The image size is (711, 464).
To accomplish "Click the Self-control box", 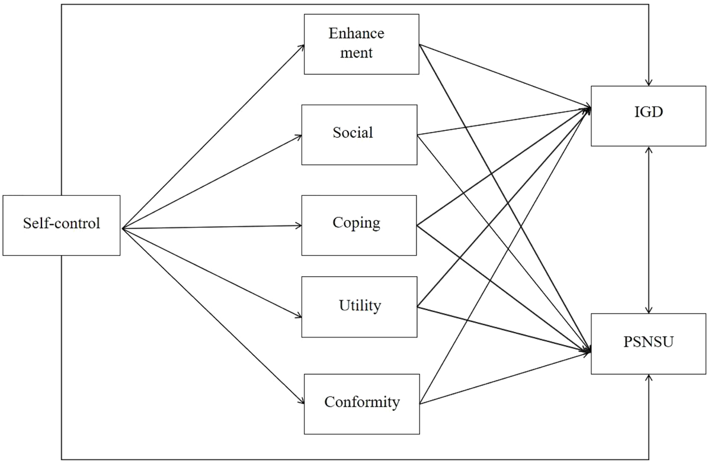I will pyautogui.click(x=62, y=225).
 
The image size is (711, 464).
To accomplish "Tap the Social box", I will pyautogui.click(x=359, y=135).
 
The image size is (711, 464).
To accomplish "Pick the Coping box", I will pyautogui.click(x=359, y=225).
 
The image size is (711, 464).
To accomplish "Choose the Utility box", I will pyautogui.click(x=359, y=307).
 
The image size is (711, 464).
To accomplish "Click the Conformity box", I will pyautogui.click(x=361, y=404).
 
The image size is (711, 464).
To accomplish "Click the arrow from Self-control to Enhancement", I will pyautogui.click(x=213, y=136).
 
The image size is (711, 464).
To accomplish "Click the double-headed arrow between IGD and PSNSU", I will pyautogui.click(x=650, y=230).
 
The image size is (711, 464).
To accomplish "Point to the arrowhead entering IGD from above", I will pyautogui.click(x=650, y=82).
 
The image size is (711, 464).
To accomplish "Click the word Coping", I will pyautogui.click(x=356, y=224).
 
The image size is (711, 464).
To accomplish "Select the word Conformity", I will pyautogui.click(x=362, y=402).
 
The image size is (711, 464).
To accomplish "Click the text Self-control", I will pyautogui.click(x=62, y=224).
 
